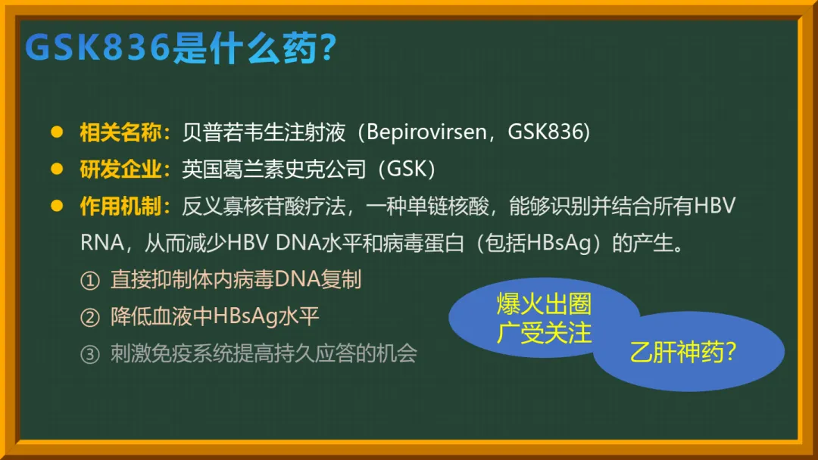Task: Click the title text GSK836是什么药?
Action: [x=180, y=48]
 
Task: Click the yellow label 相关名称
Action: [x=120, y=132]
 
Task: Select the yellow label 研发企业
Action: [x=120, y=169]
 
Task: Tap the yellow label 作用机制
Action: [x=120, y=207]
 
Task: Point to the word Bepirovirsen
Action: [x=426, y=132]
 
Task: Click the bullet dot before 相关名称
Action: [x=57, y=132]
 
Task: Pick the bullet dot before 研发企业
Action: [x=57, y=169]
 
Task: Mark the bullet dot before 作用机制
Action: [x=57, y=206]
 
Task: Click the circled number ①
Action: [x=89, y=281]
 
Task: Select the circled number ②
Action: [x=89, y=318]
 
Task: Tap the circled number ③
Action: [x=89, y=355]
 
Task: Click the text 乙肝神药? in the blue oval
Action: [x=683, y=352]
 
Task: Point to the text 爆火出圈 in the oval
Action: [x=544, y=304]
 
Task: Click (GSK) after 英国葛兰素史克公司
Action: [x=407, y=169]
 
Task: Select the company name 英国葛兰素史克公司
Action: [x=274, y=169]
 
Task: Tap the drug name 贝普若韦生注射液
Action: [x=264, y=132]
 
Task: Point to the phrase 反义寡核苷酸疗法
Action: [x=264, y=207]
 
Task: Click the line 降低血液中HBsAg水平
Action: [x=214, y=317]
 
